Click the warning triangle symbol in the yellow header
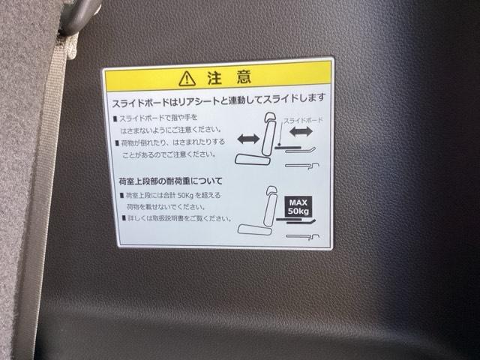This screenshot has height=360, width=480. [187, 79]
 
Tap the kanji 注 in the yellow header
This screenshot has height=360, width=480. [214, 78]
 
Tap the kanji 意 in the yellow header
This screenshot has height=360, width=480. [244, 76]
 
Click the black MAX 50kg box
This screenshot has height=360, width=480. [298, 207]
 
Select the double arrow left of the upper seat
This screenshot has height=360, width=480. [248, 139]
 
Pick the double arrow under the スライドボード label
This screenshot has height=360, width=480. [301, 132]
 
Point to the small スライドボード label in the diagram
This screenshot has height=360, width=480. [303, 120]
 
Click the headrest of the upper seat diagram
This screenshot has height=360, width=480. [270, 117]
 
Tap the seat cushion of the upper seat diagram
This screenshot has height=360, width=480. [252, 160]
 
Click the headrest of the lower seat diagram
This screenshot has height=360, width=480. [271, 191]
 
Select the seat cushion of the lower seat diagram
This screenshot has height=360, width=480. [255, 229]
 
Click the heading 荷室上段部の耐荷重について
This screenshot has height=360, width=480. [170, 181]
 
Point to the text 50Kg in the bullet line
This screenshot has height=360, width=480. [185, 195]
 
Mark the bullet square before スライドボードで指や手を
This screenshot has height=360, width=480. [115, 118]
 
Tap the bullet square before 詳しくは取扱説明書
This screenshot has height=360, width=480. [124, 218]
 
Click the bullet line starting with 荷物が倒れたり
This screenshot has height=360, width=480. [170, 142]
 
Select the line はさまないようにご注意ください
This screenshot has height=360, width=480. [171, 130]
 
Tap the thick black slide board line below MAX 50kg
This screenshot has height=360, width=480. [289, 220]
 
